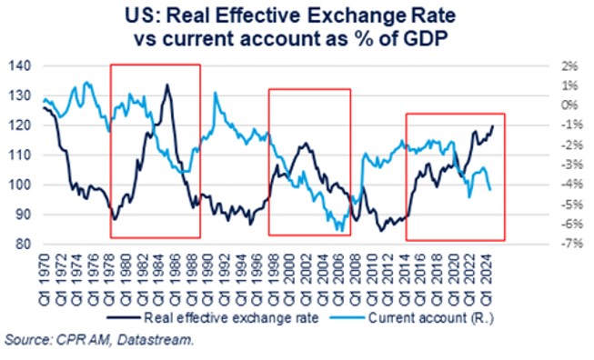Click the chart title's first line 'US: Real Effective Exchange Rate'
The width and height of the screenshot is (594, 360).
coord(298,16)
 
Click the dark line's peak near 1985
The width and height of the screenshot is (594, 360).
coord(166,85)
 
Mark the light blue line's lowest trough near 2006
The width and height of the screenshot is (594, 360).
coord(340,231)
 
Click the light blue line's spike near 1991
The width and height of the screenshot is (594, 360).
coord(215,93)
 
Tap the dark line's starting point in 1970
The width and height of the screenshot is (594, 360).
coord(44,107)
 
